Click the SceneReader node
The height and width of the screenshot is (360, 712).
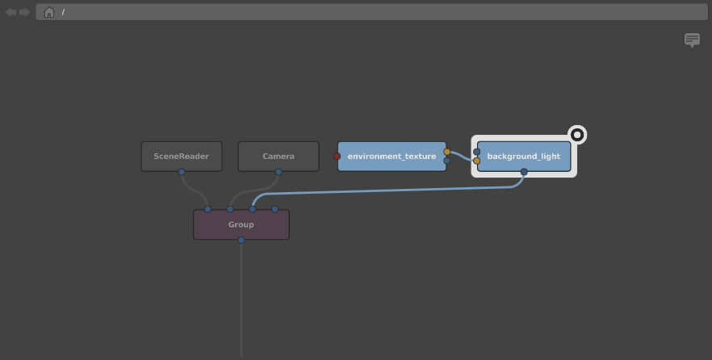tap(182, 156)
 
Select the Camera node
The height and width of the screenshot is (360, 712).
tap(279, 156)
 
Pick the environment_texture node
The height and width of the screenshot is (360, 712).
tap(392, 156)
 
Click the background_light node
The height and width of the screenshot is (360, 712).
tap(524, 156)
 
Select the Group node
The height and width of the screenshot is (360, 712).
tap(241, 224)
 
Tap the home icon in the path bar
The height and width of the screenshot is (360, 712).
tap(49, 12)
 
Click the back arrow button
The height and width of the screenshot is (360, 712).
tap(11, 12)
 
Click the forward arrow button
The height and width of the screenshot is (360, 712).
tap(24, 12)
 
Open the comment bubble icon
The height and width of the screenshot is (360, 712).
tap(692, 40)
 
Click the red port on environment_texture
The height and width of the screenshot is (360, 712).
tap(337, 156)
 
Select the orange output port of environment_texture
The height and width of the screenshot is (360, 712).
tap(447, 152)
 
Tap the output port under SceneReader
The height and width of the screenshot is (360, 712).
tap(182, 172)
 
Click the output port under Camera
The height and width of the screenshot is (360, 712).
tap(279, 172)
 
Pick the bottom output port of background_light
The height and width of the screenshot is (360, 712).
tap(524, 172)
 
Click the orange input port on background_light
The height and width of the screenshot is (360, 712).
tap(477, 161)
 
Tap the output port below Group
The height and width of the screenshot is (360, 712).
tap(241, 241)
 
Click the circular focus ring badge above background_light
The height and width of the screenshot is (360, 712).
tap(577, 135)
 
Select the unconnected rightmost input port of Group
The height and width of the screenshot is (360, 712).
tap(274, 209)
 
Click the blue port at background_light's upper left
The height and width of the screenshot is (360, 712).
tap(477, 152)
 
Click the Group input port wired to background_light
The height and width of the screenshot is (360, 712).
tap(253, 209)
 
